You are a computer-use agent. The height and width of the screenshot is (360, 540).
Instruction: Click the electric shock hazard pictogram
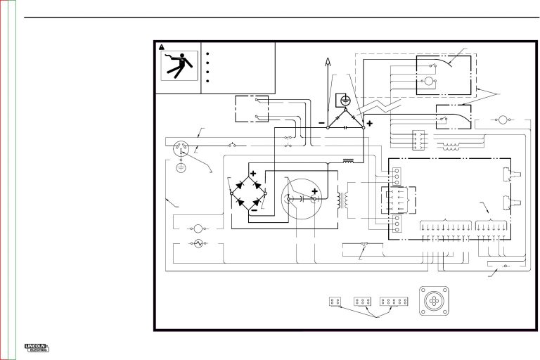[x=178, y=68]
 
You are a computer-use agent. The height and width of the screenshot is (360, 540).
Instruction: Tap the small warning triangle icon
[x=162, y=48]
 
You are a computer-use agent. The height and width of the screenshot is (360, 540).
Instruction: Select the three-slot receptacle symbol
[x=181, y=148]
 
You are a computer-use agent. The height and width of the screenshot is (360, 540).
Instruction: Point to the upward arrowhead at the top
[x=327, y=65]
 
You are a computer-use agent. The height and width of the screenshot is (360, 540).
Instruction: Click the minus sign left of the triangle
[x=321, y=122]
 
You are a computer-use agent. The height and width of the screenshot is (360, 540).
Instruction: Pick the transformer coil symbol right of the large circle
[x=342, y=198]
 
